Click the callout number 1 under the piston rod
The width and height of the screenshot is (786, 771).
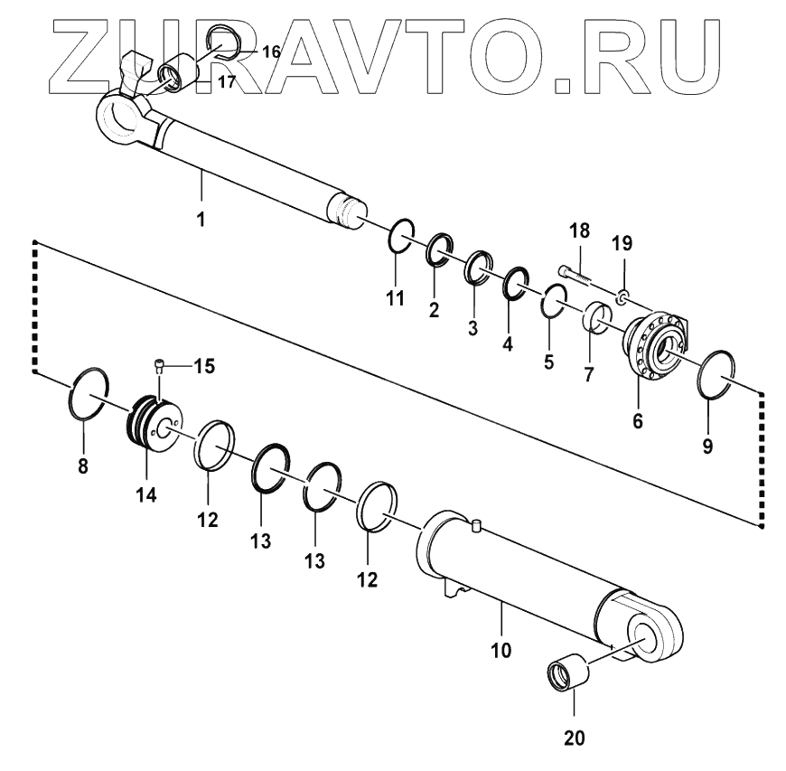(201, 219)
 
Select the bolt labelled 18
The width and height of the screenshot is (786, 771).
(573, 270)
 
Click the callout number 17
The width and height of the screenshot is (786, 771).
(226, 81)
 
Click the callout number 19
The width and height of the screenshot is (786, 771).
(623, 243)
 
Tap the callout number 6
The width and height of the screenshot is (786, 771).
(638, 419)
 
